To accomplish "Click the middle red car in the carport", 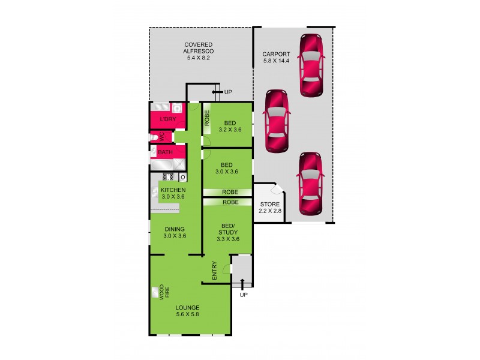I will pos(277,122).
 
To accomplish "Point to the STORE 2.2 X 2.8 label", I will pos(269,206).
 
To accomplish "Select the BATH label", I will pos(165,152).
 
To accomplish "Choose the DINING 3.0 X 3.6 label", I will pos(175,232).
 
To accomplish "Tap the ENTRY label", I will pos(214,271).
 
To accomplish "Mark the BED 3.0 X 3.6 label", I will pos(226,167).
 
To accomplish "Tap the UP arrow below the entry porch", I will pos(243,287).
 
